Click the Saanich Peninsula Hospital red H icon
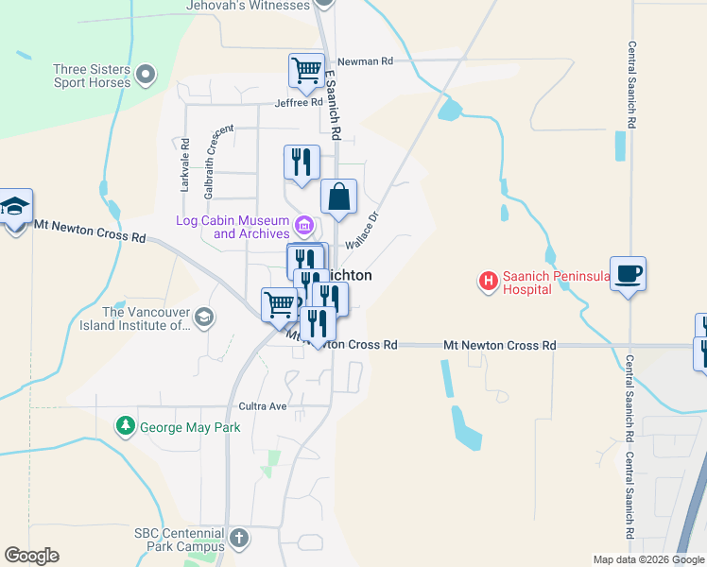tap(489, 281)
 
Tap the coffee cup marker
tap(629, 274)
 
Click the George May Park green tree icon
tap(125, 427)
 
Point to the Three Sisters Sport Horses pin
tap(146, 74)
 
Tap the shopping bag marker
tap(338, 198)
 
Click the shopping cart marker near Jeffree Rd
tap(306, 70)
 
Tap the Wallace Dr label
tap(361, 230)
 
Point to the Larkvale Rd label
tap(185, 166)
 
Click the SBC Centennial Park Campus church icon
tap(239, 539)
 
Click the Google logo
tap(31, 556)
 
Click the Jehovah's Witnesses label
tap(249, 6)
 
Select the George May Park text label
tap(190, 427)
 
